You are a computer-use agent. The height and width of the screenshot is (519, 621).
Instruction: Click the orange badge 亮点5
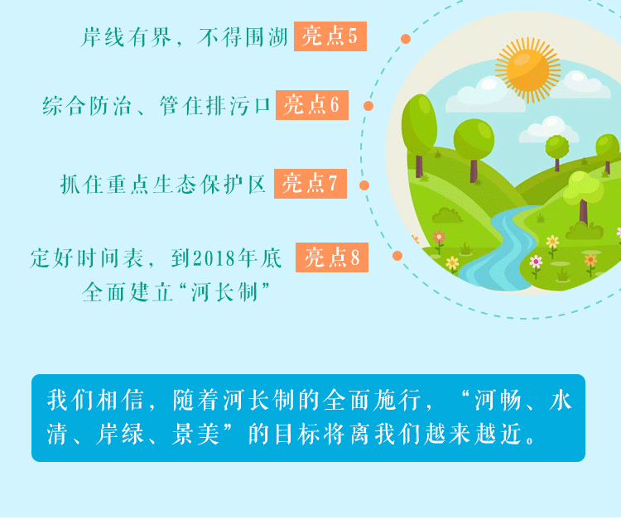(330, 36)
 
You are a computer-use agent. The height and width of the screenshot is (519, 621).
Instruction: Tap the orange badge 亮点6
(312, 105)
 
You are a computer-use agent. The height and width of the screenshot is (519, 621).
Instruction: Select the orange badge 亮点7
(310, 184)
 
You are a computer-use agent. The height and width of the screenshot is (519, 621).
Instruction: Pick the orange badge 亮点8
(332, 257)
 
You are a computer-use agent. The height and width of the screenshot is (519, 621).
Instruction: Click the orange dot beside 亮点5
(406, 39)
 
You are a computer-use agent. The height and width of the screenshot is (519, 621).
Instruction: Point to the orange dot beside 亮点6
(368, 106)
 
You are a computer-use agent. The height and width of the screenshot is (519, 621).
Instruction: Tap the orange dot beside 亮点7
(364, 185)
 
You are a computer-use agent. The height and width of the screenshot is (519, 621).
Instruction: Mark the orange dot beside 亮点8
(397, 256)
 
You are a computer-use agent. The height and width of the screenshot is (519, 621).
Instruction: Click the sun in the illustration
(528, 70)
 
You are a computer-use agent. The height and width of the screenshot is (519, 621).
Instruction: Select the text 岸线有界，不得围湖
(184, 37)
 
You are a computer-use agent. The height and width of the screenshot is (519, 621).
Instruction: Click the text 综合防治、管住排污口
(156, 106)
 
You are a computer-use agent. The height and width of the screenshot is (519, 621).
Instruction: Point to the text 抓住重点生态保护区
(163, 185)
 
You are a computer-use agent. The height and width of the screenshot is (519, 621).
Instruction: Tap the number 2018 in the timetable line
(214, 259)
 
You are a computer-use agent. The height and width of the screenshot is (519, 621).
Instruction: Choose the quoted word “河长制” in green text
(224, 292)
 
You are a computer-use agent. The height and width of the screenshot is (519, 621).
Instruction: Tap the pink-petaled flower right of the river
(536, 262)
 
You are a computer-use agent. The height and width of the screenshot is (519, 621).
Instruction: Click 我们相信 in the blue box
(95, 400)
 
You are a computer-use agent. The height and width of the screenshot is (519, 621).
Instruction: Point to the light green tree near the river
(584, 194)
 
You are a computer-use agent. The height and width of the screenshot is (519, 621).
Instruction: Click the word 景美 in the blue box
(195, 434)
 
